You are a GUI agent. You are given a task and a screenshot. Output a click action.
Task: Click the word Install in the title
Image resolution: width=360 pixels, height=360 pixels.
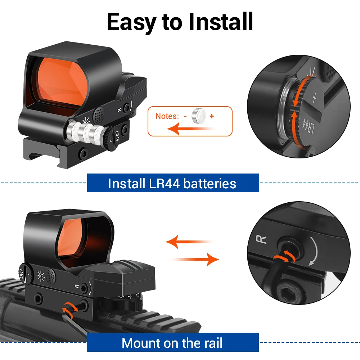point(221,22)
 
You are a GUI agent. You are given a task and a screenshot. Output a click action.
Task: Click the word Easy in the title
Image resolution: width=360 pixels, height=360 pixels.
point(131,22)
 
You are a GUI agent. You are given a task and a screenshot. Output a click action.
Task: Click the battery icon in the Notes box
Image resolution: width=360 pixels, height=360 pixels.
point(199,116)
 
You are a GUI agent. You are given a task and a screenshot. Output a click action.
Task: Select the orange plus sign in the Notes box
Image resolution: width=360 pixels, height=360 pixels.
point(212,116)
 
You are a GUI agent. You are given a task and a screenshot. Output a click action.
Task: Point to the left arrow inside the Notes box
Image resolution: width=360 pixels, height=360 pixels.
point(192,129)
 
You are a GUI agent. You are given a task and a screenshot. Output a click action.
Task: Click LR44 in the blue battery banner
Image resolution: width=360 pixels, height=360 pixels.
point(165,184)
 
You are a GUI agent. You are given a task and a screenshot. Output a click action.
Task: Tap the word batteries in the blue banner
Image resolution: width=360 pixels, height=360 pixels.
point(210,184)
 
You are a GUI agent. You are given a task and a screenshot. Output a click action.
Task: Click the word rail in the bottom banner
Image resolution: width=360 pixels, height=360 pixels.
point(212,343)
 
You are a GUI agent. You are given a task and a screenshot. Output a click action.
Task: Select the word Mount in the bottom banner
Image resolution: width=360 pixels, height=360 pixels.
point(141,343)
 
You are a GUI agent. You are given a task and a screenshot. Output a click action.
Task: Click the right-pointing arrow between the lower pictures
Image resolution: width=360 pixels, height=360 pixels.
point(194,260)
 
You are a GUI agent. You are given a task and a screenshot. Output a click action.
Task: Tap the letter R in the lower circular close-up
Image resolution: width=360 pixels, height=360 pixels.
point(261,240)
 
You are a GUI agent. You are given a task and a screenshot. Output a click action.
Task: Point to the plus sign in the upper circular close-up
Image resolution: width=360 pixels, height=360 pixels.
point(314,98)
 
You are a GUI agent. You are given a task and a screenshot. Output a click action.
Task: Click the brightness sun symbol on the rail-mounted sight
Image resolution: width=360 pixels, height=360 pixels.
point(41,276)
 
